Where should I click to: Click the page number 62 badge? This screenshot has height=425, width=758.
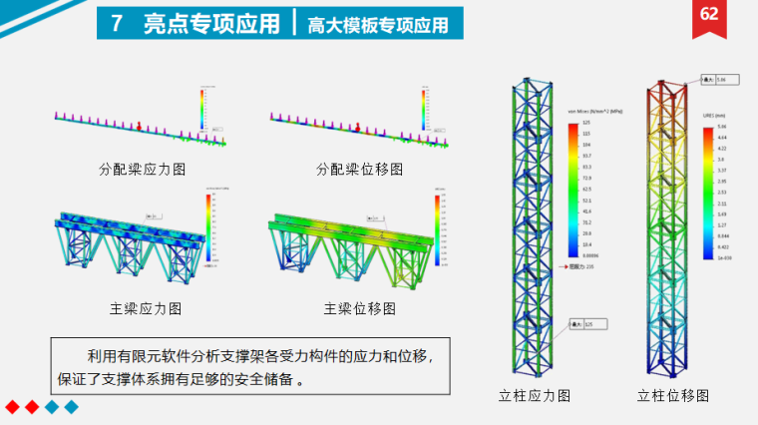point(709,15)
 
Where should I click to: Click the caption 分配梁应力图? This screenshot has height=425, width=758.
point(143,170)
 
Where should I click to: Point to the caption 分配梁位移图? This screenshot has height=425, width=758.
point(359,170)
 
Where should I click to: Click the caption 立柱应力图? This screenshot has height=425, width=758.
point(535,396)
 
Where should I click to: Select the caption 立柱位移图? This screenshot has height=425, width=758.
point(673,396)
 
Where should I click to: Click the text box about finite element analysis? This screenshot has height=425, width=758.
point(246,366)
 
